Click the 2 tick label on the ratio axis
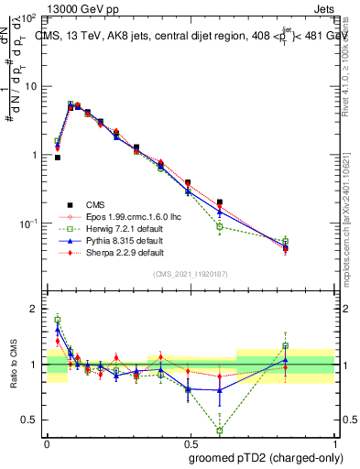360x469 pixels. pyautogui.click(x=33, y=309)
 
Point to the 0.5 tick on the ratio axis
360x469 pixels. pyautogui.click(x=30, y=420)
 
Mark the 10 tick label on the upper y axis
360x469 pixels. pyautogui.click(x=29, y=86)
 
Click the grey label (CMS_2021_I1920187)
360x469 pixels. pyautogui.click(x=191, y=274)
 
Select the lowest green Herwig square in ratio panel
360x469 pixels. pyautogui.click(x=220, y=430)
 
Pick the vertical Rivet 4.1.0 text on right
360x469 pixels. pyautogui.click(x=351, y=69)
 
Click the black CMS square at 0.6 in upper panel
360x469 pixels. pyautogui.click(x=220, y=202)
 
